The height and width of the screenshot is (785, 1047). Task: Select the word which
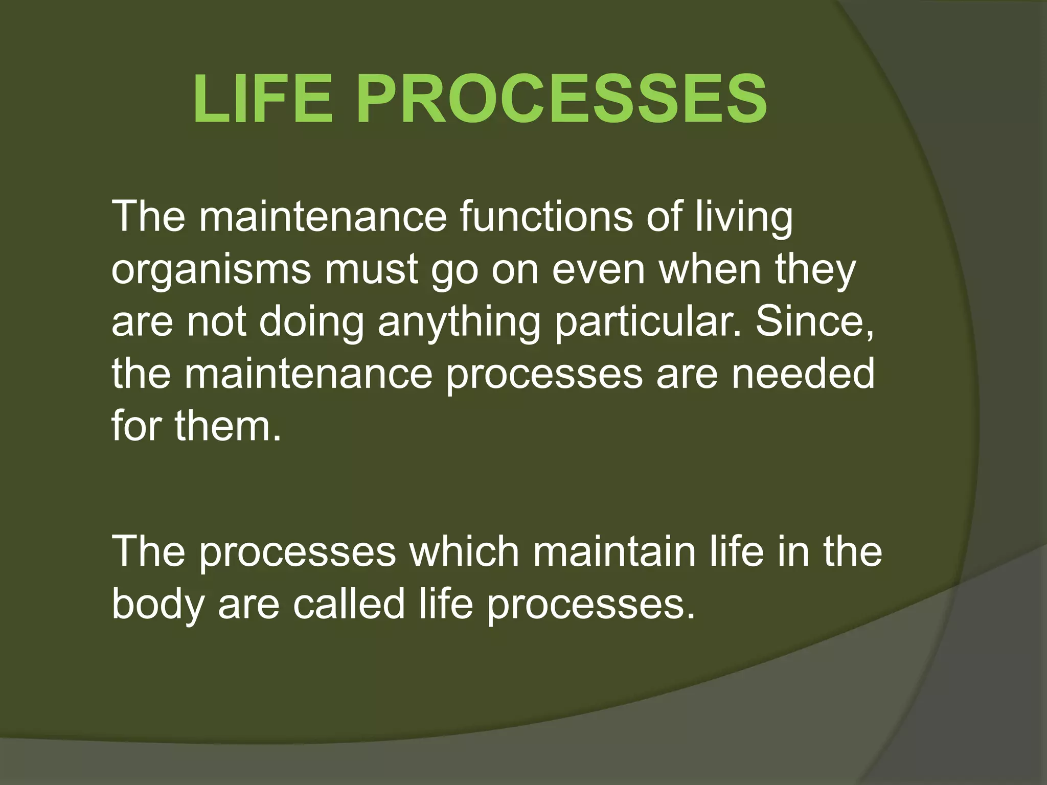click(x=463, y=552)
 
